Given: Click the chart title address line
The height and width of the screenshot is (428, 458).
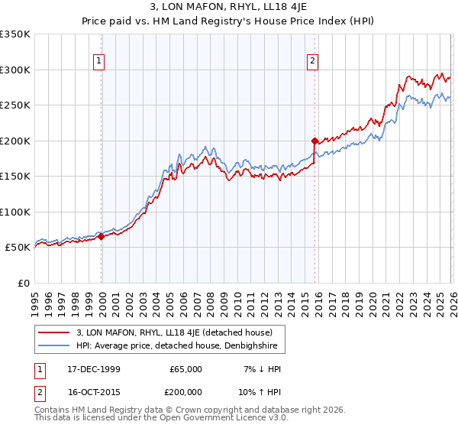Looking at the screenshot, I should coord(228,8).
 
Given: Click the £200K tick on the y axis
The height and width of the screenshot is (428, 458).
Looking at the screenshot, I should coord(15,141).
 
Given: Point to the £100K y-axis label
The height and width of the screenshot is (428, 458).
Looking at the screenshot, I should coord(15,212).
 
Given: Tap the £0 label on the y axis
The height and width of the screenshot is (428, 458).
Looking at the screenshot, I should coord(23,283).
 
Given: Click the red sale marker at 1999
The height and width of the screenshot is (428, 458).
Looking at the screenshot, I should coord(101,236).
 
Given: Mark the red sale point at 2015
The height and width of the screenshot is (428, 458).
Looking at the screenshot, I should coord(314,141).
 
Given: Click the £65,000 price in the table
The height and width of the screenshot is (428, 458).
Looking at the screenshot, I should coord(185,369).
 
